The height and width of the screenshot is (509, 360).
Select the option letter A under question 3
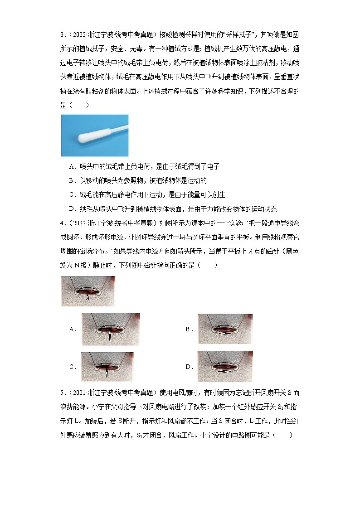click(72, 167)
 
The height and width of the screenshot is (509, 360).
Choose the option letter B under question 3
click(72, 181)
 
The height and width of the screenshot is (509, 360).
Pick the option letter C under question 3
click(72, 195)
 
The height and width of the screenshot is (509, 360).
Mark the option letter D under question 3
click(72, 209)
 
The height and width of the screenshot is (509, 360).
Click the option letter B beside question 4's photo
click(188, 330)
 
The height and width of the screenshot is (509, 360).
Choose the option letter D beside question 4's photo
click(188, 367)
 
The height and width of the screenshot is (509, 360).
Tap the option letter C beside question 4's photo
click(72, 367)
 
